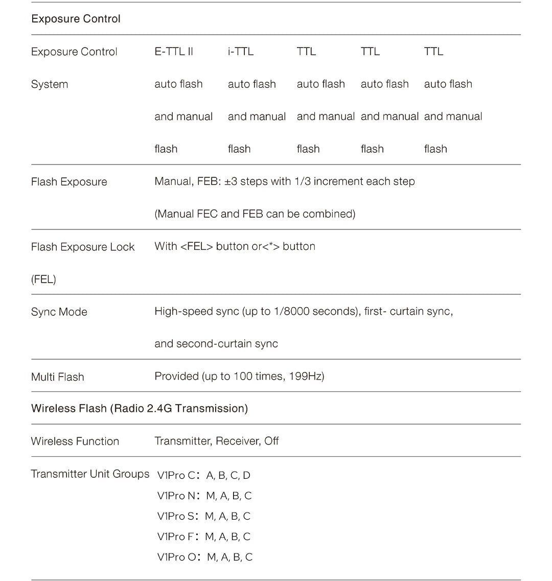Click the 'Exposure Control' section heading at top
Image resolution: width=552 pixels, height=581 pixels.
[76, 19]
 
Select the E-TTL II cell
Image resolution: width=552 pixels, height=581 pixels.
[174, 52]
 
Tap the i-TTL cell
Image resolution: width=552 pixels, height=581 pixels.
[240, 52]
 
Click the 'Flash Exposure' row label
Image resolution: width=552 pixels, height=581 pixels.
[69, 182]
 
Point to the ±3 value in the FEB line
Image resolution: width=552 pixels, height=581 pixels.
[231, 181]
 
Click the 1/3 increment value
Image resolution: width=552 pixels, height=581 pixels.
[302, 181]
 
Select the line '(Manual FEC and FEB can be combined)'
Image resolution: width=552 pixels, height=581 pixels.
[255, 214]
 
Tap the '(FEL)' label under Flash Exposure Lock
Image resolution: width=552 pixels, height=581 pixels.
[43, 279]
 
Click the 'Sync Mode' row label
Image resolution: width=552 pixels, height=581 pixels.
[59, 312]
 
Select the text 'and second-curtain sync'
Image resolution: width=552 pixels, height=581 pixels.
[216, 343]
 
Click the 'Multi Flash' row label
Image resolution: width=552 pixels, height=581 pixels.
[57, 377]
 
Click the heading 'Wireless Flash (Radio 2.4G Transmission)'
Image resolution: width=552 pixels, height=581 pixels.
[139, 408]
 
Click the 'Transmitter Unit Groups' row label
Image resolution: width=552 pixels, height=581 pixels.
[90, 474]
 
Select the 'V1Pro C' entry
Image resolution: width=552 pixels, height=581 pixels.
[176, 475]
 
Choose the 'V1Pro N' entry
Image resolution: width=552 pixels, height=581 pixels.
[176, 496]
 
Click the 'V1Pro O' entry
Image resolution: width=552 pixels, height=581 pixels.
[177, 557]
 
